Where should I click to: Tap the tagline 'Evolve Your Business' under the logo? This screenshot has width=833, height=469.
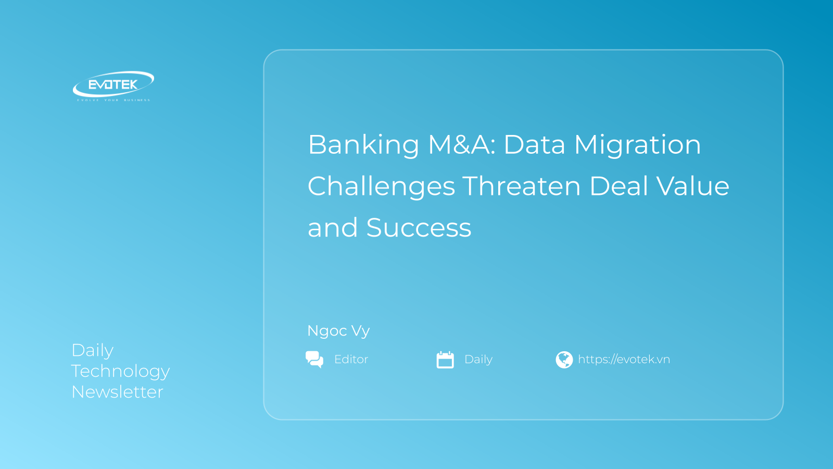[x=113, y=100]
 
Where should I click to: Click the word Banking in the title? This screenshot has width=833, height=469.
[x=363, y=145]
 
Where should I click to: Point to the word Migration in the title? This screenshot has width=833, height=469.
[x=637, y=145]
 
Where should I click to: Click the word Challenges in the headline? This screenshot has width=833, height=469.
[x=381, y=187]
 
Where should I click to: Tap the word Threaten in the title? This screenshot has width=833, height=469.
[x=522, y=186]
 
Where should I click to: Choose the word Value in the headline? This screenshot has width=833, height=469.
[x=693, y=186]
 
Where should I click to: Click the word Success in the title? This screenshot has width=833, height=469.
[x=419, y=227]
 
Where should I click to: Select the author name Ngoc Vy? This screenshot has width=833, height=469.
[x=338, y=331]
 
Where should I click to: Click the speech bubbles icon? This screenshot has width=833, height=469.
[x=314, y=359]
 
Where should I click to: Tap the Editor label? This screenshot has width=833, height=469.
[x=351, y=359]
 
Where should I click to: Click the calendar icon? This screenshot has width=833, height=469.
[x=445, y=360]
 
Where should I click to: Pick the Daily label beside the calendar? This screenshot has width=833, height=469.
[x=478, y=360]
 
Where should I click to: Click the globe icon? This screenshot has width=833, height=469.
[x=564, y=360]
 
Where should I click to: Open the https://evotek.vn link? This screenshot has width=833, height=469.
[x=624, y=359]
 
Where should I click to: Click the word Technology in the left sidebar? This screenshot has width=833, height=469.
[x=120, y=372]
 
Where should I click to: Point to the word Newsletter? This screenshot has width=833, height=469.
[x=117, y=392]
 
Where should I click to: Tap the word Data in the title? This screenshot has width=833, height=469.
[x=535, y=144]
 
